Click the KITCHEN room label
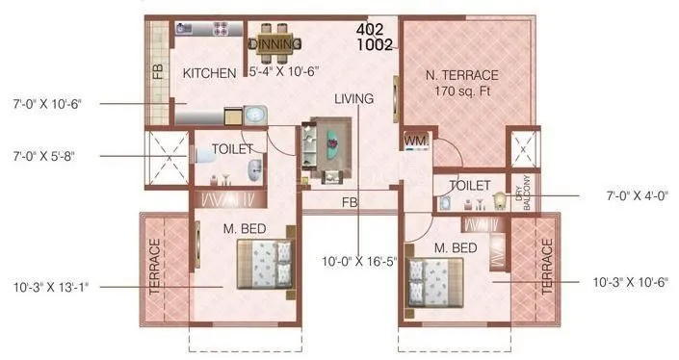[x=210, y=73]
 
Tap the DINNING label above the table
[x=275, y=44]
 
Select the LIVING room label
[x=354, y=98]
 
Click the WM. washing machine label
[x=415, y=141]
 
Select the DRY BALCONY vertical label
[x=525, y=193]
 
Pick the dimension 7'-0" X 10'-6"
[x=48, y=103]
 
